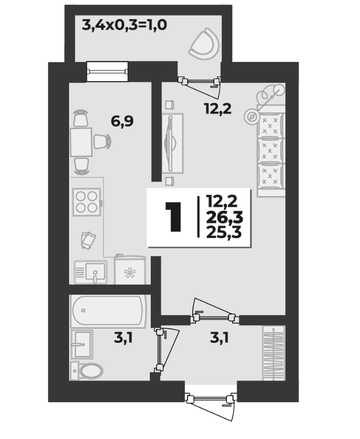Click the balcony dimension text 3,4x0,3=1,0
click(x=125, y=25)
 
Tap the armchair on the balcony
click(x=205, y=44)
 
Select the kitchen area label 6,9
click(x=122, y=121)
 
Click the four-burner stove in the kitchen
click(x=87, y=202)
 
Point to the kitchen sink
click(x=91, y=272)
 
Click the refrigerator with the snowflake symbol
click(x=130, y=270)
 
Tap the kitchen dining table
click(x=81, y=142)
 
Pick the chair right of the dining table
click(x=102, y=142)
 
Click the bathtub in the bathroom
click(x=108, y=311)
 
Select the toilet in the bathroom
click(x=86, y=370)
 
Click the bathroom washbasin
click(x=82, y=344)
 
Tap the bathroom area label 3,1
click(x=123, y=338)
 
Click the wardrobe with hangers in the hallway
click(x=273, y=353)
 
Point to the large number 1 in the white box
click(x=173, y=217)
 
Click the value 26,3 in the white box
click(x=224, y=217)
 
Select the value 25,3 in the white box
click(x=224, y=232)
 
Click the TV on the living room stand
click(x=170, y=143)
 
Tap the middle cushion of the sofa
click(x=270, y=151)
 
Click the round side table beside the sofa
click(x=252, y=116)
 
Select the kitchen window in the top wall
click(x=107, y=72)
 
